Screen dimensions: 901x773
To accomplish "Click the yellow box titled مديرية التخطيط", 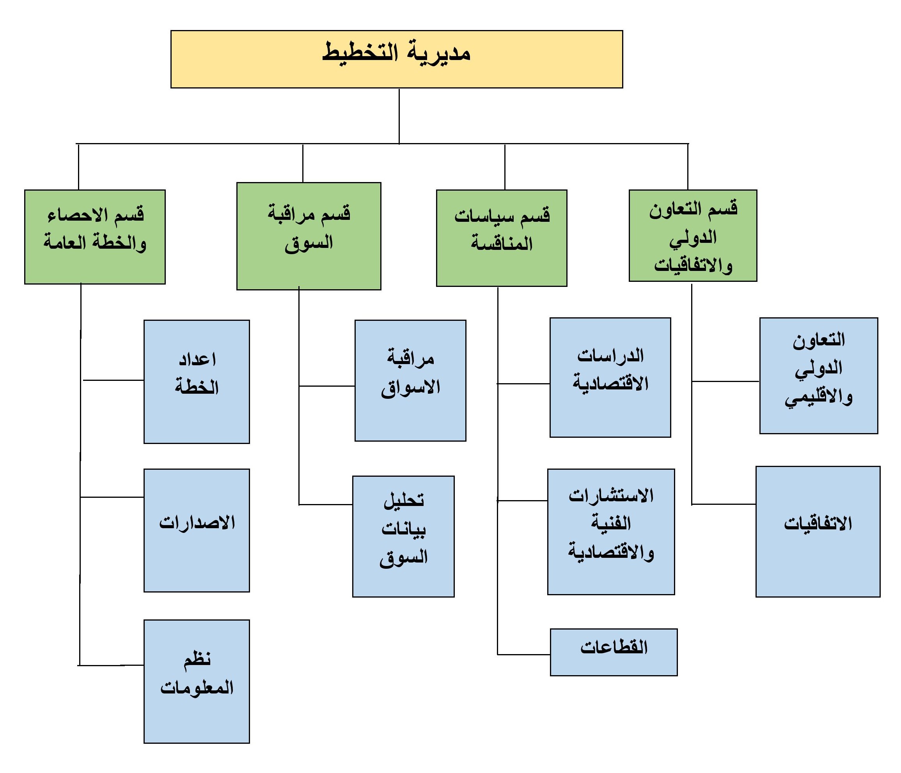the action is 397,59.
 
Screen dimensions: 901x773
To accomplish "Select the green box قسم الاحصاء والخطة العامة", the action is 95,237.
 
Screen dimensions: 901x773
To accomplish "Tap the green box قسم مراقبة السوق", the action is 309,236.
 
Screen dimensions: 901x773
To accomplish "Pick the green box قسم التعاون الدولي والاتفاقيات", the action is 693,235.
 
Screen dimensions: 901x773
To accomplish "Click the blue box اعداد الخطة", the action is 197,382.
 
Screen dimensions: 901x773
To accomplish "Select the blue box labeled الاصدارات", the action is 197,531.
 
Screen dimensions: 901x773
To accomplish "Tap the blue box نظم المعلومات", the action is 197,682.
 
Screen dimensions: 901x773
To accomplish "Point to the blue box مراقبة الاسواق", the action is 410,380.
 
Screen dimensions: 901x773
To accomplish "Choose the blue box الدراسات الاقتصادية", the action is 610,378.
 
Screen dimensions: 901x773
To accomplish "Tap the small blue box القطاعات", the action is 614,652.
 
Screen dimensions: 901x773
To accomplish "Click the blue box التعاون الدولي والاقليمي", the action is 819,376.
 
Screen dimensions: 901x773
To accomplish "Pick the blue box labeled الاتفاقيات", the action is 818,532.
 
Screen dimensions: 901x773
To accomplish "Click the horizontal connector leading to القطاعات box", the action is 524,654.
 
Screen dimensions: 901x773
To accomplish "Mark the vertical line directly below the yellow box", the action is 399,116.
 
